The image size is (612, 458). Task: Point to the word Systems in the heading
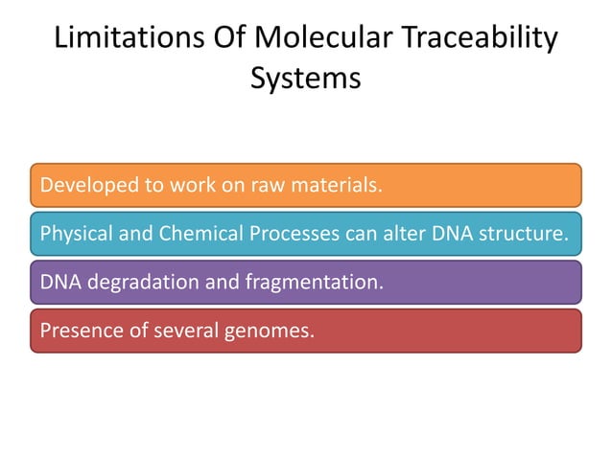point(306,79)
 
